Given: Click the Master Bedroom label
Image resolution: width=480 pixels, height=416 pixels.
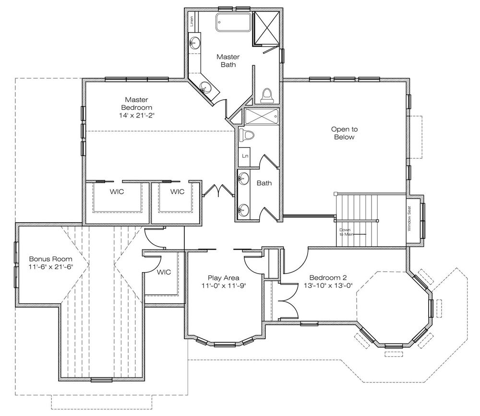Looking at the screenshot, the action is point(136,104).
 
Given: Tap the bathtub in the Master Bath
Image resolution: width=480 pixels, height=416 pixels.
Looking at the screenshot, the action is point(234,22).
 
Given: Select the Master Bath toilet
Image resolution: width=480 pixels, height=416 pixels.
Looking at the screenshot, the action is point(267,95).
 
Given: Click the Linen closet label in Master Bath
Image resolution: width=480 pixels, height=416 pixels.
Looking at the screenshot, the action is point(192,21).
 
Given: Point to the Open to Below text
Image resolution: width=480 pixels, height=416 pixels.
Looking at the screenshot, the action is point(344,133).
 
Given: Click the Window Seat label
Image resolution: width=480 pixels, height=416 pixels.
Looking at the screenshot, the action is point(409,219).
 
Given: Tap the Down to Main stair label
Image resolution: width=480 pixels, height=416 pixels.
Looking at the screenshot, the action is point(345,232).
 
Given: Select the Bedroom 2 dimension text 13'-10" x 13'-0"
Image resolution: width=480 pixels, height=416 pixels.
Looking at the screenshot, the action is point(328,285).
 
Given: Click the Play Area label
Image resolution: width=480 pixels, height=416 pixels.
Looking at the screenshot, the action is point(224,278).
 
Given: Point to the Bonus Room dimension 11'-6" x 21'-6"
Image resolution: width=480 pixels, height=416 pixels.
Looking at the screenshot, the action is point(51,267).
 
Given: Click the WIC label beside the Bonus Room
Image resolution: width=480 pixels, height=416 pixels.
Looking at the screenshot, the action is point(164,272).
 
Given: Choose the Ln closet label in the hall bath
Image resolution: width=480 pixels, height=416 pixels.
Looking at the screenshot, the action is point(245,156).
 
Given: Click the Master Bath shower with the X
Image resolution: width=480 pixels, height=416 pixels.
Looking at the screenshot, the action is point(266,28).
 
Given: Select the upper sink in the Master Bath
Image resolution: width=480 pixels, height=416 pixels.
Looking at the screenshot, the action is point(194,42).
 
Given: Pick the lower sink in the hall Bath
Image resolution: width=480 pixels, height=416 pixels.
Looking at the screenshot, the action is point(244,210).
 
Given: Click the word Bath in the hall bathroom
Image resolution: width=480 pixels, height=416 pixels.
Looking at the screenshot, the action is point(264,183).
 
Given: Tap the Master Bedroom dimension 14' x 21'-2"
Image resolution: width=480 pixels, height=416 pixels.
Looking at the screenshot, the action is point(137,116).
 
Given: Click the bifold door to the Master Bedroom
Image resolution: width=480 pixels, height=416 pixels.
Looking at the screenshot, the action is point(218,190).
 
